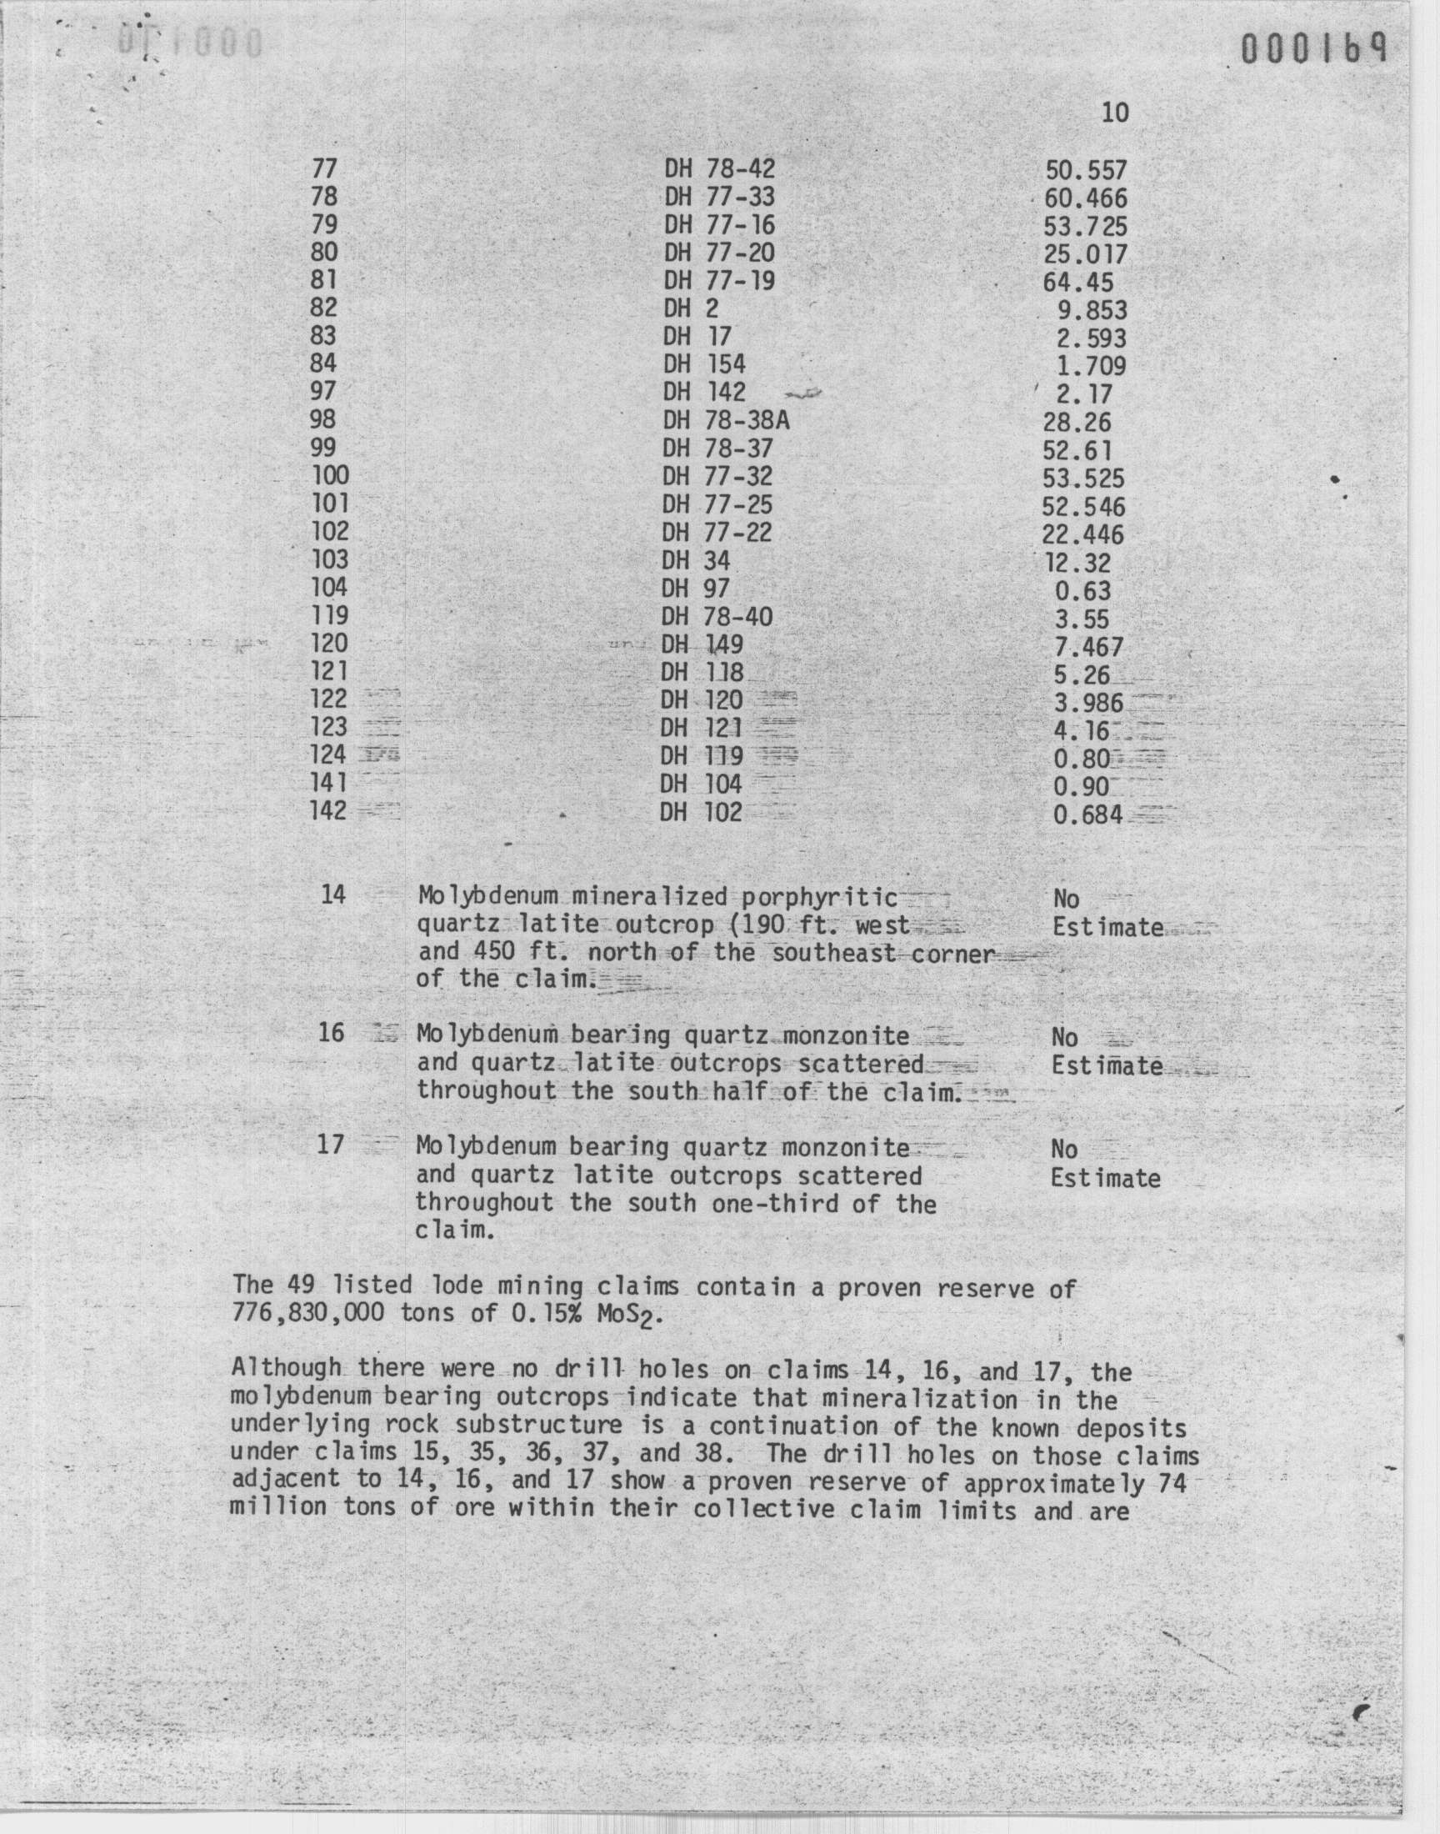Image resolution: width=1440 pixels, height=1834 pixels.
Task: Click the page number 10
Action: point(1114,113)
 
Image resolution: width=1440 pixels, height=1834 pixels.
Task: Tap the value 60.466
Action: point(1085,199)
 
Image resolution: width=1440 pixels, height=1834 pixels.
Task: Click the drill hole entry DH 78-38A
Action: point(726,420)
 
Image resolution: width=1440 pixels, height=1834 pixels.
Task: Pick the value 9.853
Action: point(1092,310)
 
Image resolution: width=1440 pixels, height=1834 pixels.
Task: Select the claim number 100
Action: point(331,475)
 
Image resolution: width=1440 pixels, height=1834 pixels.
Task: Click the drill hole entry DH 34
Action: point(696,561)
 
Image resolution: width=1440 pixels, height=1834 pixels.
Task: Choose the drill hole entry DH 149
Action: point(702,645)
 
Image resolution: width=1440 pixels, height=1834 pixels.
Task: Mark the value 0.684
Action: point(1087,815)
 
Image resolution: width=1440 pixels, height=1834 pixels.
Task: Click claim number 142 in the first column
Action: point(329,811)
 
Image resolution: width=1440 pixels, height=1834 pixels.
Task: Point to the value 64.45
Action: point(1078,283)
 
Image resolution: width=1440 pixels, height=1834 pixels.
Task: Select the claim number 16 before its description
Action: point(332,1032)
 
